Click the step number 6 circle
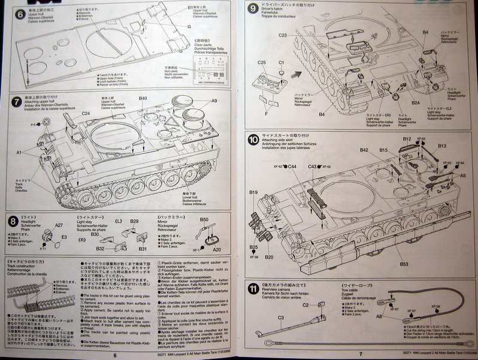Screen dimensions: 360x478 point(10,12)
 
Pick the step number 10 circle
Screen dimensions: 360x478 point(253,140)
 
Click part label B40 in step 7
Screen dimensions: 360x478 point(143,98)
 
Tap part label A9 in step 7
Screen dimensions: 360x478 point(214,101)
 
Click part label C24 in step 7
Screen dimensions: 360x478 point(86,113)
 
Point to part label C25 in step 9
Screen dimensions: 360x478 point(261,62)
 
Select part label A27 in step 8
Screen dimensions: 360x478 point(59,225)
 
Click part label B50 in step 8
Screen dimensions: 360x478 point(204,220)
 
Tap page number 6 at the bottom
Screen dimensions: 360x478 point(114,353)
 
